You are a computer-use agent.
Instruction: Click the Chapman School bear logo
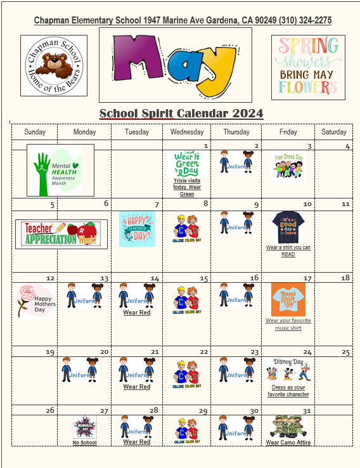pyautogui.click(x=54, y=65)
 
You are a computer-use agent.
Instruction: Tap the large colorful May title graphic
pyautogui.click(x=175, y=64)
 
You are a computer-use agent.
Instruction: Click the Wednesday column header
pyautogui.click(x=187, y=132)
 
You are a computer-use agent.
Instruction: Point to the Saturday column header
pyautogui.click(x=333, y=132)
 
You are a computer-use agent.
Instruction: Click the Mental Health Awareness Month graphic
pyautogui.click(x=60, y=170)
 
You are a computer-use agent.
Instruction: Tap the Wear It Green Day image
pyautogui.click(x=186, y=164)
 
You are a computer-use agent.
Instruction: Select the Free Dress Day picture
pyautogui.click(x=288, y=167)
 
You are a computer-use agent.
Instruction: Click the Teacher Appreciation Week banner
pyautogui.click(x=61, y=234)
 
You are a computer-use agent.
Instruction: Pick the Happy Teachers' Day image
pyautogui.click(x=137, y=229)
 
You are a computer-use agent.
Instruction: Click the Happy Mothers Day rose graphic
pyautogui.click(x=36, y=299)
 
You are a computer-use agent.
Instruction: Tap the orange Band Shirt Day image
pyautogui.click(x=288, y=299)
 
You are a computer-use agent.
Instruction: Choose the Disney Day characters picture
pyautogui.click(x=288, y=370)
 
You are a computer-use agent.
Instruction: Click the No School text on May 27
pyautogui.click(x=84, y=443)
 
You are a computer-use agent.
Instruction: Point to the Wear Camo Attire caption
pyautogui.click(x=288, y=443)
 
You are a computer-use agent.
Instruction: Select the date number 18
pyautogui.click(x=345, y=278)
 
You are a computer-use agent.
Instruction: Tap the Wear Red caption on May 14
pyautogui.click(x=137, y=313)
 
